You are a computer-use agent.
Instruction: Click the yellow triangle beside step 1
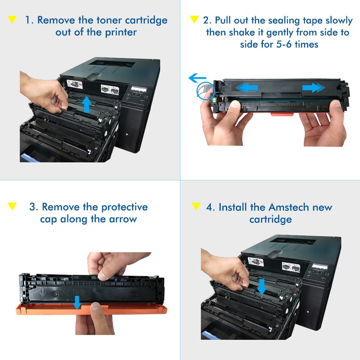tap(12, 19)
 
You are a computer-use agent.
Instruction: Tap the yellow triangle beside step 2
tap(194, 19)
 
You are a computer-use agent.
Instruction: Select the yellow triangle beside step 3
tap(12, 206)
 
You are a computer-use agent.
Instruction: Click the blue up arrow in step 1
tap(87, 104)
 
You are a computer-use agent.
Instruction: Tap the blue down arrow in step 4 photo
tap(262, 287)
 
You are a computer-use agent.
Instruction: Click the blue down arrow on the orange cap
tap(77, 302)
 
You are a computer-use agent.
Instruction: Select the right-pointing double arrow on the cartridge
tap(313, 88)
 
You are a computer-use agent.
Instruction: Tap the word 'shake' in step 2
tap(239, 32)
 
